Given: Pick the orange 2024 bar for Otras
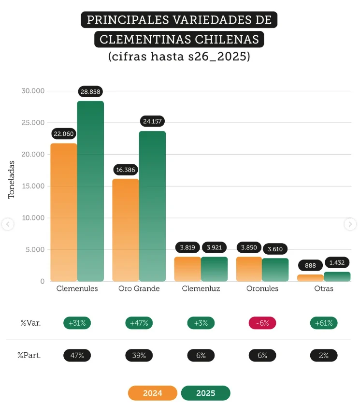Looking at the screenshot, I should click(310, 278).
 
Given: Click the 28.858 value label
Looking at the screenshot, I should click(91, 92).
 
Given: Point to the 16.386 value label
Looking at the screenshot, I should click(126, 170).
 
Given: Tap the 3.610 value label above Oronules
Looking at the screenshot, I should click(275, 249).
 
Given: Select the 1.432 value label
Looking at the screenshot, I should click(337, 262).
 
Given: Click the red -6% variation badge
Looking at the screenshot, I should click(262, 323).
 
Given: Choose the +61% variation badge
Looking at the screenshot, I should click(324, 323).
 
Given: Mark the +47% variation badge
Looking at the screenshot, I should click(139, 323).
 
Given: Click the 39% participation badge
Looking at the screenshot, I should click(139, 355).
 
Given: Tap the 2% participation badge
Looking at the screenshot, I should click(324, 355).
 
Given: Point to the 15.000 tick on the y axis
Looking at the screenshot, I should click(33, 186).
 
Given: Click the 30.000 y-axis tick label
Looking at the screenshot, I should click(33, 91).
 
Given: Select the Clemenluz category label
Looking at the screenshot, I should click(201, 289).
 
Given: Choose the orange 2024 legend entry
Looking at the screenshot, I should click(153, 393).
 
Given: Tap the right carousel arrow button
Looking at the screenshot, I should click(350, 224).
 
